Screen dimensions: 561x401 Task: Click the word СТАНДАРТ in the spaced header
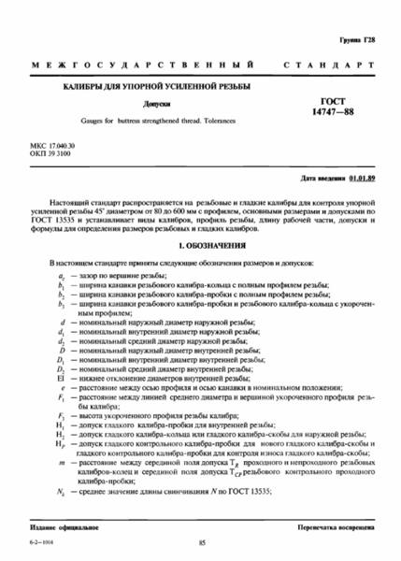pyautogui.click(x=335, y=68)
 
